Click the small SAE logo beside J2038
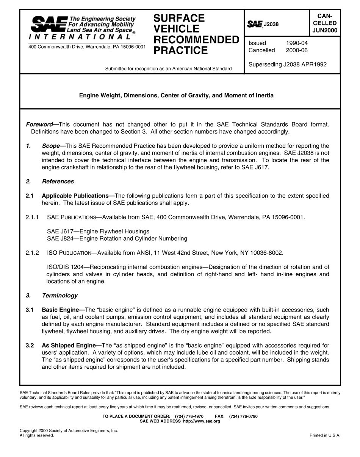[x=255, y=25]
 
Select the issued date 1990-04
[x=297, y=43]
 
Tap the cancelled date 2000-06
[x=297, y=50]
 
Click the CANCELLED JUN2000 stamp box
[x=325, y=23]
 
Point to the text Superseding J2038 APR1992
[x=287, y=64]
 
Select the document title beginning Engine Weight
[x=176, y=95]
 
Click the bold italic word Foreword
[x=39, y=125]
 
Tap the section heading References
[x=58, y=182]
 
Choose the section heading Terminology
[x=60, y=296]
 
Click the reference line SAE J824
[x=117, y=239]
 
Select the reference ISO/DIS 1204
[x=65, y=267]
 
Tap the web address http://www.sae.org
[x=201, y=421]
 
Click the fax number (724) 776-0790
[x=243, y=416]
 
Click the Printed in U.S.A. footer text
[x=325, y=435]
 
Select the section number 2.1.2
[x=32, y=253]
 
